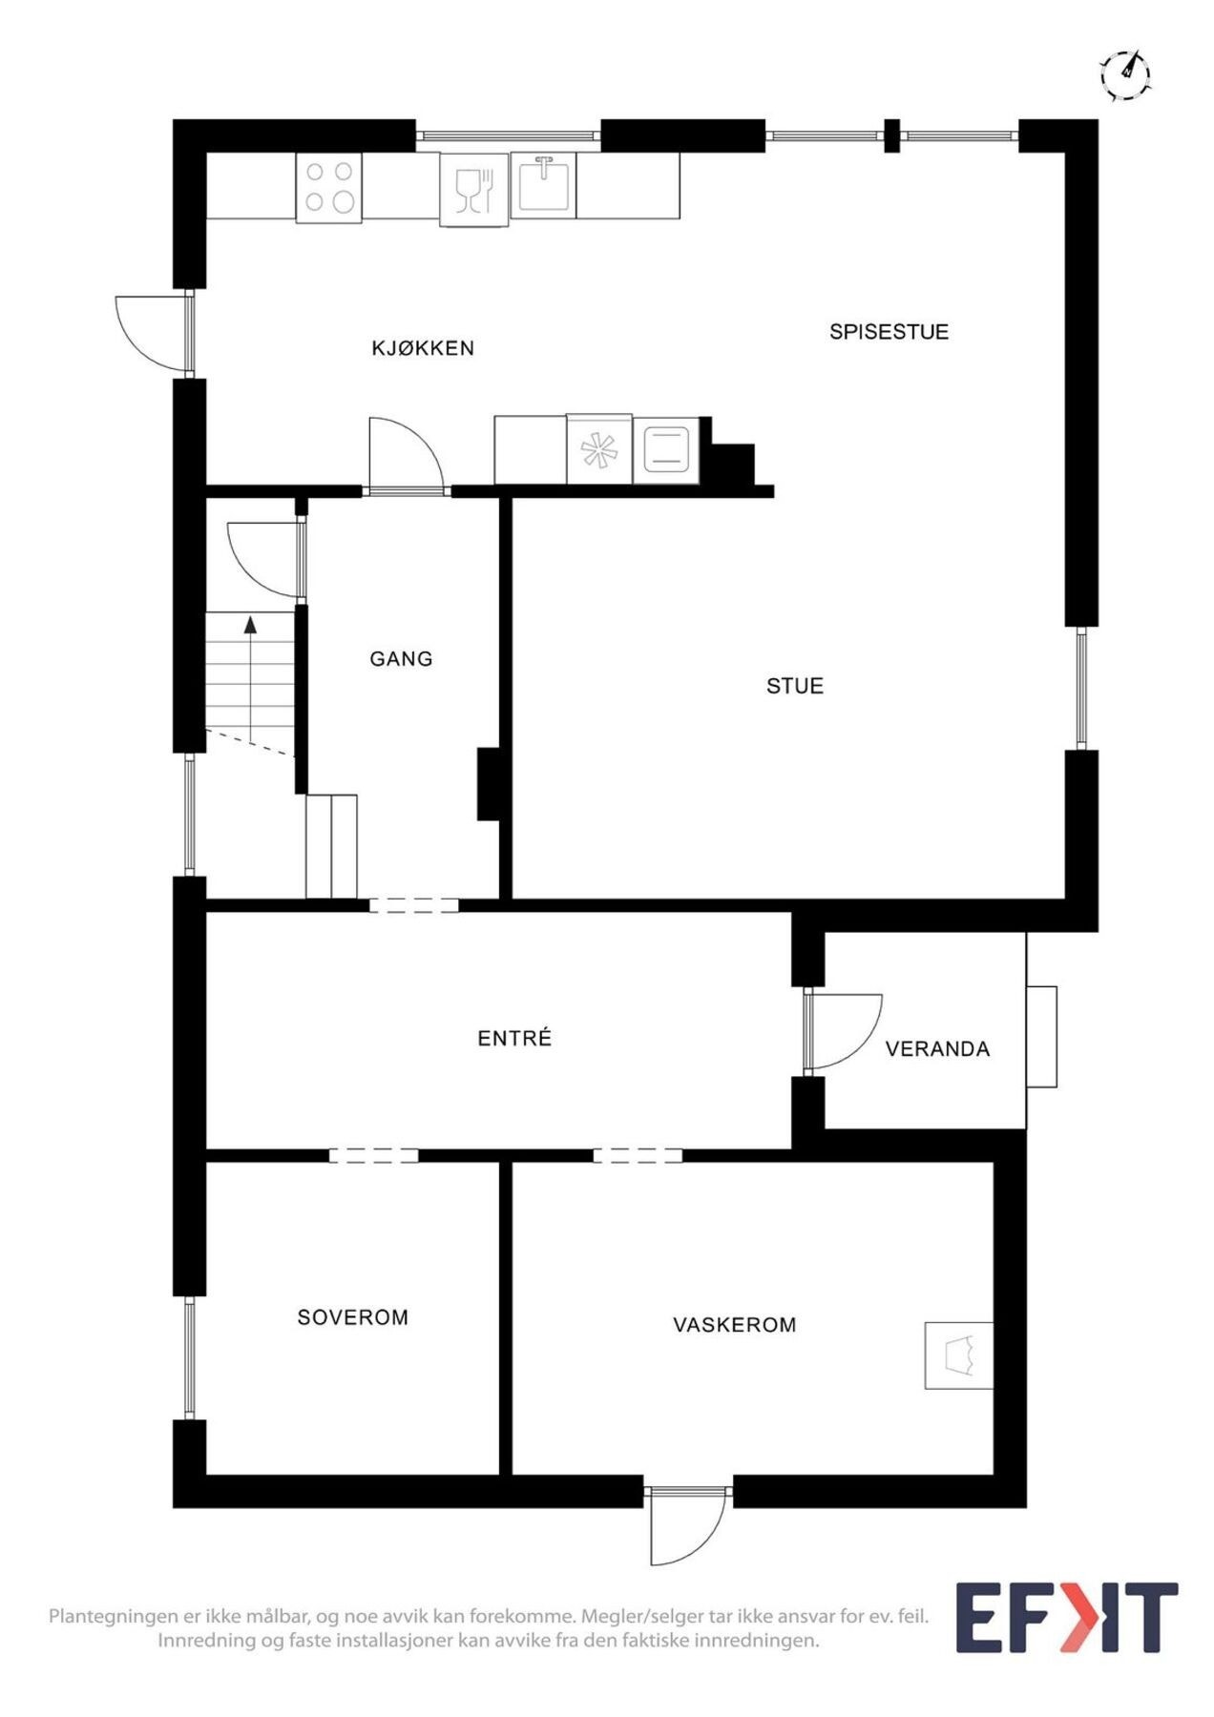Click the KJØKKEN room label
[x=422, y=348]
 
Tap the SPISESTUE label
[x=889, y=332]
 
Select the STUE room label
[x=794, y=686]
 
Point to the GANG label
[x=401, y=659]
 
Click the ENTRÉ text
[x=514, y=1039]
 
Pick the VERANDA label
[x=937, y=1049]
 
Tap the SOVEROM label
[x=352, y=1317]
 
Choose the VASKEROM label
[x=734, y=1325]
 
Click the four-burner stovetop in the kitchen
[x=329, y=187]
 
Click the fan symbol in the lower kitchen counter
[x=599, y=450]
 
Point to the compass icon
[x=1126, y=74]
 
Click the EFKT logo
[x=1066, y=1618]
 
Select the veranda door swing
[x=842, y=1030]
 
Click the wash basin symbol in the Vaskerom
[x=959, y=1355]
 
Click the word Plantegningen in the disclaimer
[x=114, y=1617]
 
